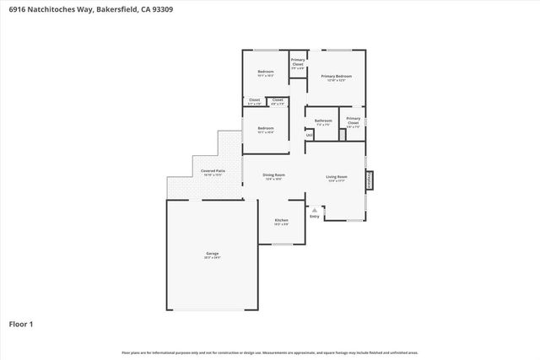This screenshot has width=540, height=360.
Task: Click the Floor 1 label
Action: pyautogui.click(x=20, y=323)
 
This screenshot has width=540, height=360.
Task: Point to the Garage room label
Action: pyautogui.click(x=213, y=254)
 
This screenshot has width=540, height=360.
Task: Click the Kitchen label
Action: pyautogui.click(x=281, y=220)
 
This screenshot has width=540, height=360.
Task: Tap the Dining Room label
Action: pyautogui.click(x=273, y=175)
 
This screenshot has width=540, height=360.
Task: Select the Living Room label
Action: pyautogui.click(x=337, y=175)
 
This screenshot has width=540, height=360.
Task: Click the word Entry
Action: pyautogui.click(x=315, y=217)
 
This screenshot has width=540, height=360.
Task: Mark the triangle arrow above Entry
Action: pyautogui.click(x=315, y=209)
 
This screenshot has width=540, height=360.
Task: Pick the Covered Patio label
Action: pyautogui.click(x=213, y=171)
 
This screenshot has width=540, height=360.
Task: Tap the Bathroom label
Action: pyautogui.click(x=323, y=121)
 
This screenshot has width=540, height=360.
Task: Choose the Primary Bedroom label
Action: pyautogui.click(x=336, y=76)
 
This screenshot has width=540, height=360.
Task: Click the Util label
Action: pyautogui.click(x=310, y=135)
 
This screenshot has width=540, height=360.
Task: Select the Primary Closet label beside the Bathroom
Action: pyautogui.click(x=353, y=121)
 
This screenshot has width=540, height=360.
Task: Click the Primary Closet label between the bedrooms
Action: pyautogui.click(x=298, y=62)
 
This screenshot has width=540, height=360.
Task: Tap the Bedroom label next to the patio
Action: pyautogui.click(x=266, y=128)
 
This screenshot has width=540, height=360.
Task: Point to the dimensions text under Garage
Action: pyautogui.click(x=213, y=258)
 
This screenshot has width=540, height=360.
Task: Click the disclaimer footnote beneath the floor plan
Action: pyautogui.click(x=269, y=352)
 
